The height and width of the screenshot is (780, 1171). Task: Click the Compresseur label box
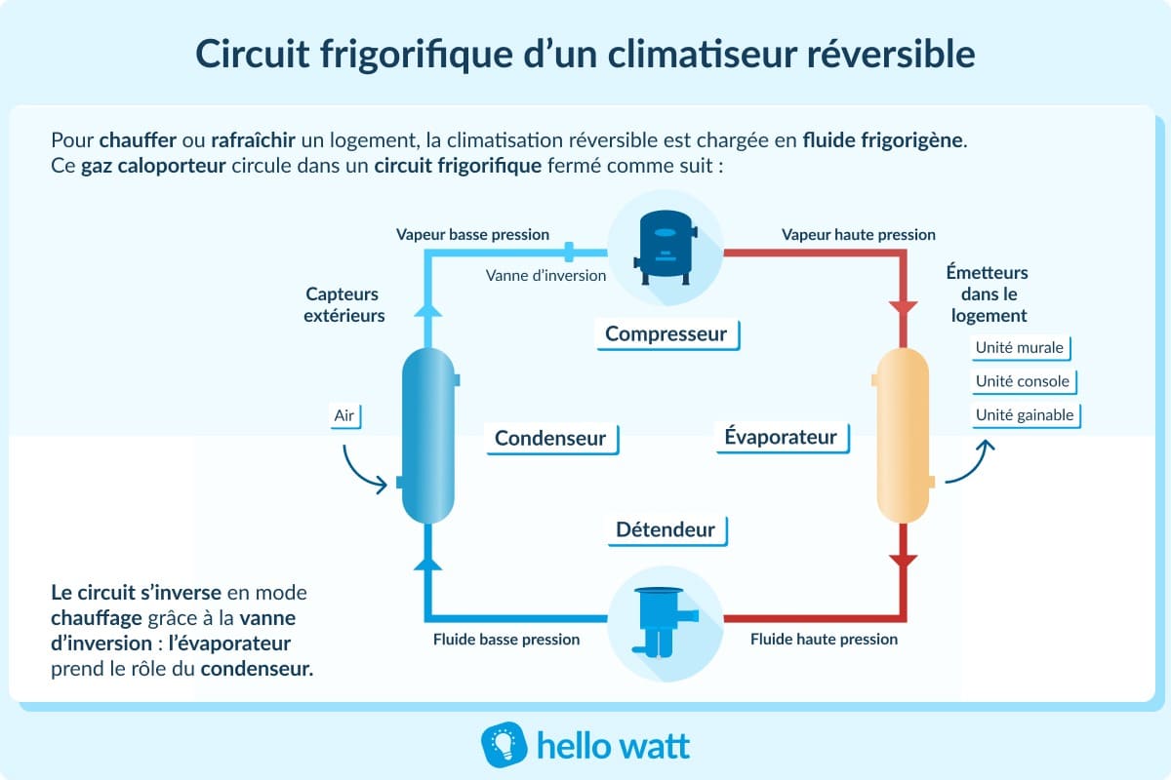point(666,334)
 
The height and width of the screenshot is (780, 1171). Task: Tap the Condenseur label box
point(550,439)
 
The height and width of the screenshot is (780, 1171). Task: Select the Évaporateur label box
point(781,437)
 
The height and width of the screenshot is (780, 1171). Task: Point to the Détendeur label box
point(666,530)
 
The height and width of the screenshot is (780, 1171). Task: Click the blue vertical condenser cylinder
point(428,438)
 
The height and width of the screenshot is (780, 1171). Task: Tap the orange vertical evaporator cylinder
point(903,438)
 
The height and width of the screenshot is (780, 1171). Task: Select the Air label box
point(344,416)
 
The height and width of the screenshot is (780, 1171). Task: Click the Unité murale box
point(1019,348)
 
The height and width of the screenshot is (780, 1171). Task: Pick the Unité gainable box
point(1025,415)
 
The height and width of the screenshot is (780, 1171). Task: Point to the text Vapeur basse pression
point(472,235)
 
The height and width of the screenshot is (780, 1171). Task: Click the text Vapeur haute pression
point(859,235)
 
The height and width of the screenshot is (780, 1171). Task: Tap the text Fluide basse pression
point(506,640)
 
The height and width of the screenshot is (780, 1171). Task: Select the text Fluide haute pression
point(824,640)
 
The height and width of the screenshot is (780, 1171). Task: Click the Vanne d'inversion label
point(545,275)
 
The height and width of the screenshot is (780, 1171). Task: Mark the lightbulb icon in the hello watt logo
point(504,746)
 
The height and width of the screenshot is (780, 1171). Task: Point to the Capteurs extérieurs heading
point(343,304)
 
